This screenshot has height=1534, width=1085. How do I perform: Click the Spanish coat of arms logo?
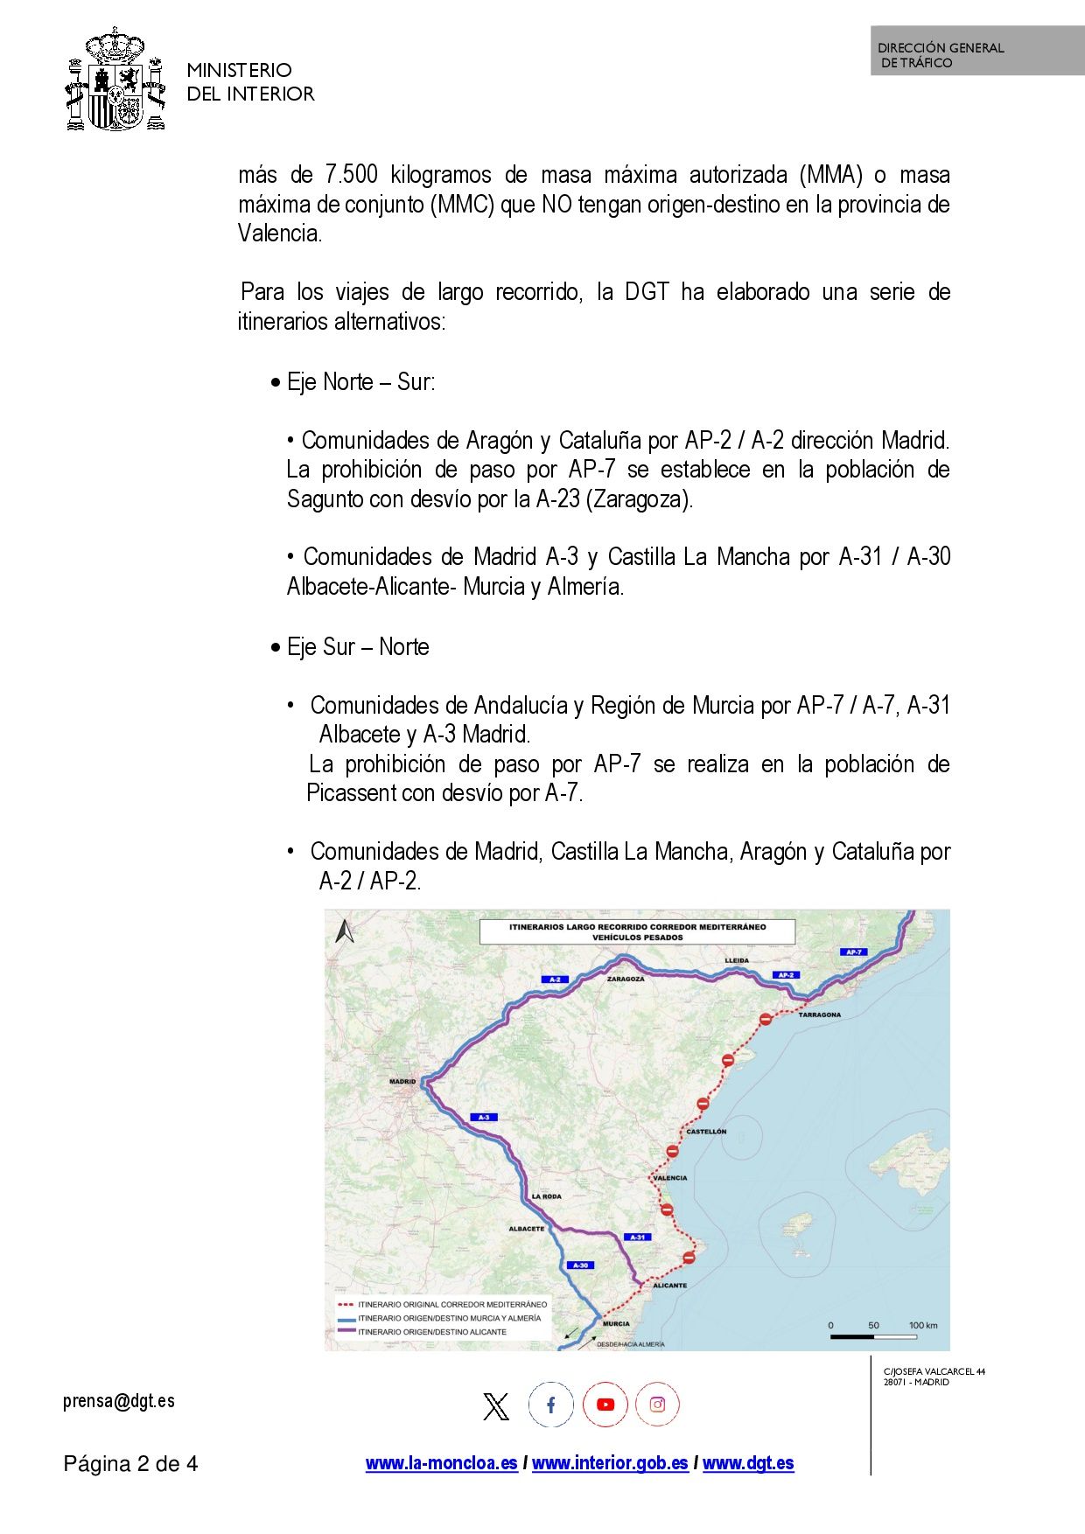pos(115,80)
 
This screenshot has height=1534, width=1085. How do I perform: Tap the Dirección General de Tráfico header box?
pos(976,51)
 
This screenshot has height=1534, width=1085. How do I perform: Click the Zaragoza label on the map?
pos(626,979)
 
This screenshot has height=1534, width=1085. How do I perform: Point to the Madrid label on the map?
pos(402,1082)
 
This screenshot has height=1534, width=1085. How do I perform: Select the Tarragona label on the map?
pos(819,1015)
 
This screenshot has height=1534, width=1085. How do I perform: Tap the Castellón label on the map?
pos(706,1131)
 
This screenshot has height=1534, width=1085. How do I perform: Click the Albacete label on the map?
pos(527,1229)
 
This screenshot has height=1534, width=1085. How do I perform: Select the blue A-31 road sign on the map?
pos(639,1237)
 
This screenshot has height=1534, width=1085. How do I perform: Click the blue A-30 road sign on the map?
pos(581,1265)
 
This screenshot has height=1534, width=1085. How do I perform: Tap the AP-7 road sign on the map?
pos(854,952)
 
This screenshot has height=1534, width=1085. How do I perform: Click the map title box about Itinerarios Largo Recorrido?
pos(637,931)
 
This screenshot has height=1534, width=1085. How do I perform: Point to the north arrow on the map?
pos(345,931)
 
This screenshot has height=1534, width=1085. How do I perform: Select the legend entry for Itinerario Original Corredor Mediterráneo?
pos(443,1304)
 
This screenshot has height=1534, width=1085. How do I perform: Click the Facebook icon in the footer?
pos(551,1405)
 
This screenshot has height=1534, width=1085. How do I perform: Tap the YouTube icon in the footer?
pos(605,1405)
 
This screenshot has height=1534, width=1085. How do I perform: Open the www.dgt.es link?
pos(748,1463)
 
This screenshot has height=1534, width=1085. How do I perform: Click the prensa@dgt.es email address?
pos(119,1401)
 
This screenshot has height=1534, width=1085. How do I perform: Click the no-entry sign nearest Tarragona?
pos(766,1019)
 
